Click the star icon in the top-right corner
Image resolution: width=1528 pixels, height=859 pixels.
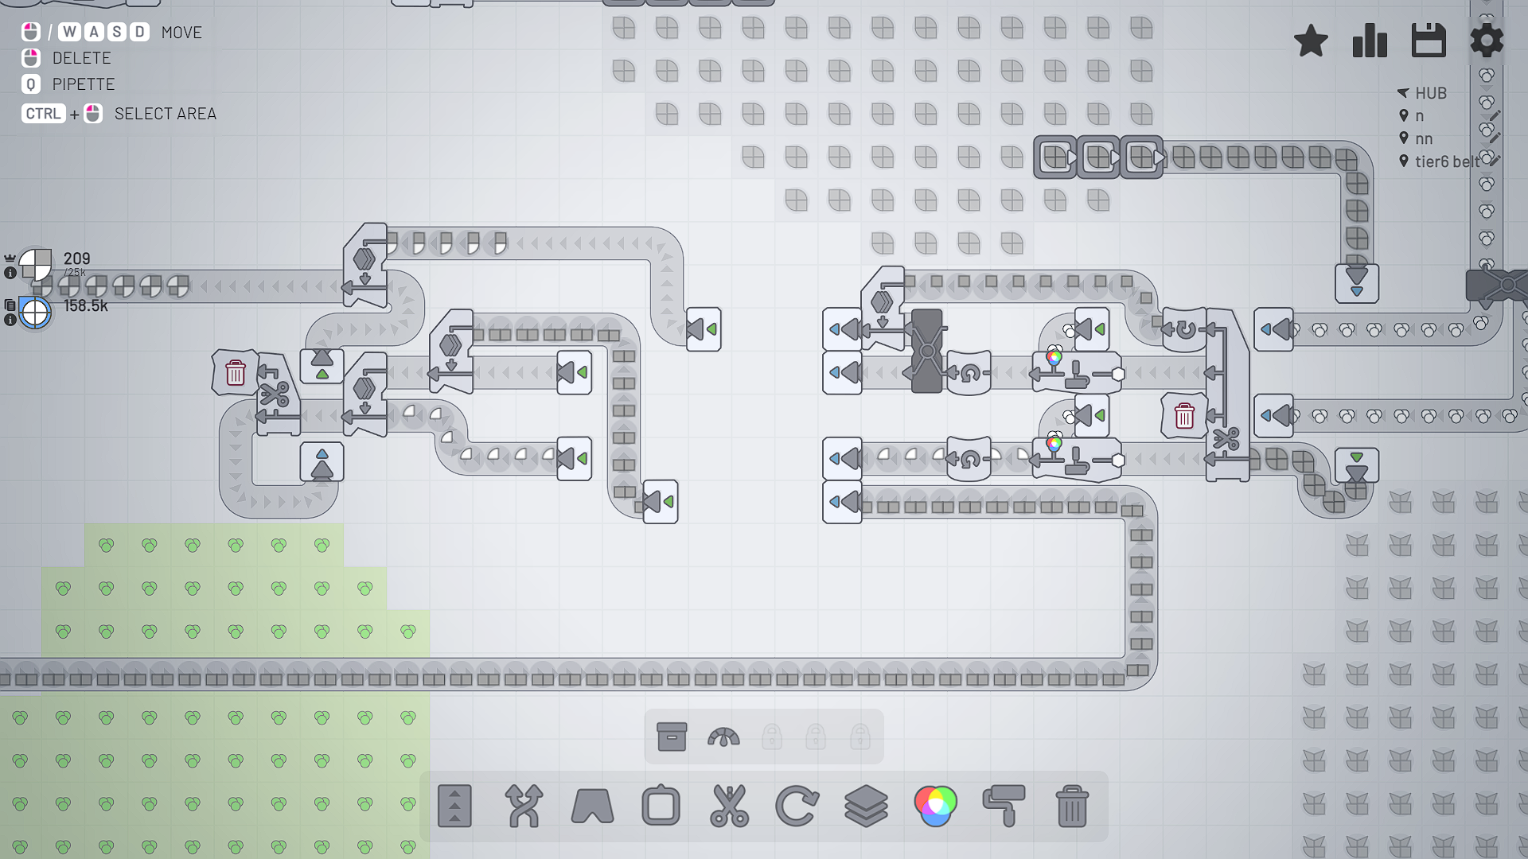click(1311, 41)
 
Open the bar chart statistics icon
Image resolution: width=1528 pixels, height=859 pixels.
click(1370, 41)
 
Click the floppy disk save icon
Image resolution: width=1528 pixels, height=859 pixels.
click(1429, 41)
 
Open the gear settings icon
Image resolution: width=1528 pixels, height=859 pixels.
click(1487, 41)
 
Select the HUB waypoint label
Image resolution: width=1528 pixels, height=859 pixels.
click(1430, 93)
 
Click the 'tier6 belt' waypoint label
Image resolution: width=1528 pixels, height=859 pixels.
click(1446, 161)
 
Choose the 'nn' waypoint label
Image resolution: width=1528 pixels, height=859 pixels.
click(1424, 138)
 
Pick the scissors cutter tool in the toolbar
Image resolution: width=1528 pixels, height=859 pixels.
click(729, 806)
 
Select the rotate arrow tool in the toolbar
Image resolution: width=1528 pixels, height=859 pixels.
click(797, 806)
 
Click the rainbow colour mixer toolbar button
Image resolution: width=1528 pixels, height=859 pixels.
click(935, 806)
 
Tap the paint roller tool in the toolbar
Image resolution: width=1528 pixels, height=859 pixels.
click(1004, 806)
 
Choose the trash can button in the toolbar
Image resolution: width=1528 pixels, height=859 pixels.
click(1072, 806)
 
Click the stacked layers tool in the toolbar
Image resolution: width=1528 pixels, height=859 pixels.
click(866, 806)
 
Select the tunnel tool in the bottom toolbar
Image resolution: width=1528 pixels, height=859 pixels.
click(592, 806)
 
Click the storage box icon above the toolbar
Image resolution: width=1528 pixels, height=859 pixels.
click(672, 737)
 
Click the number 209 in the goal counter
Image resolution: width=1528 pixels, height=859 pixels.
click(76, 258)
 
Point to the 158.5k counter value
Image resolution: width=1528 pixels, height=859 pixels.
click(85, 305)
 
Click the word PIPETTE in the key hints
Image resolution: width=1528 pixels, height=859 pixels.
click(84, 84)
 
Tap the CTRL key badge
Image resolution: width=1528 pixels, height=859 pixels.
click(43, 114)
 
